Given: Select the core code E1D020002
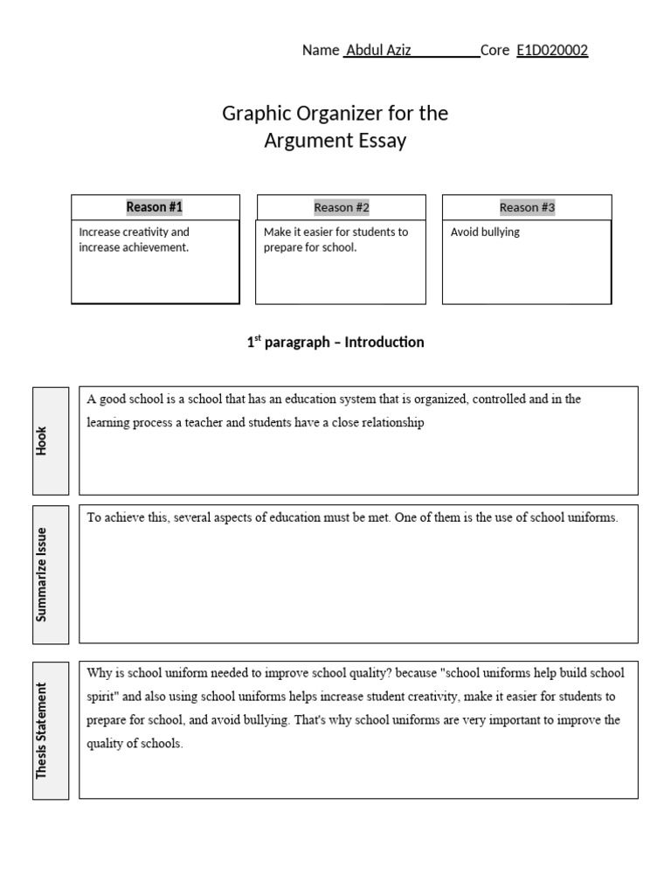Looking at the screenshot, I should (x=552, y=51).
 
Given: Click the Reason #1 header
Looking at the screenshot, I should (x=155, y=207).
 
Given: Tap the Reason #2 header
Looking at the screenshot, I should (x=342, y=207).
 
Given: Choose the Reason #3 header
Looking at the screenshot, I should (x=527, y=207).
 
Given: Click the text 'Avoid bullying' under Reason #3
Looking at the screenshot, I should (x=485, y=232).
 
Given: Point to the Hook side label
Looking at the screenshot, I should (x=41, y=441).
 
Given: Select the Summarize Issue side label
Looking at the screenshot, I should (x=41, y=573).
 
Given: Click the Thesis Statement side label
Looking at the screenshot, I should (x=41, y=730).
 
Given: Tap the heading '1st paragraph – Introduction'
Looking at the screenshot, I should (x=335, y=343).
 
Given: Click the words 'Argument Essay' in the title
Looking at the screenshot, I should (x=335, y=141).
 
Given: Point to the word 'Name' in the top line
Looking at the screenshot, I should (x=320, y=51).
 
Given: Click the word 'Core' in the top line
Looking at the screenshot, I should (x=495, y=51).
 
